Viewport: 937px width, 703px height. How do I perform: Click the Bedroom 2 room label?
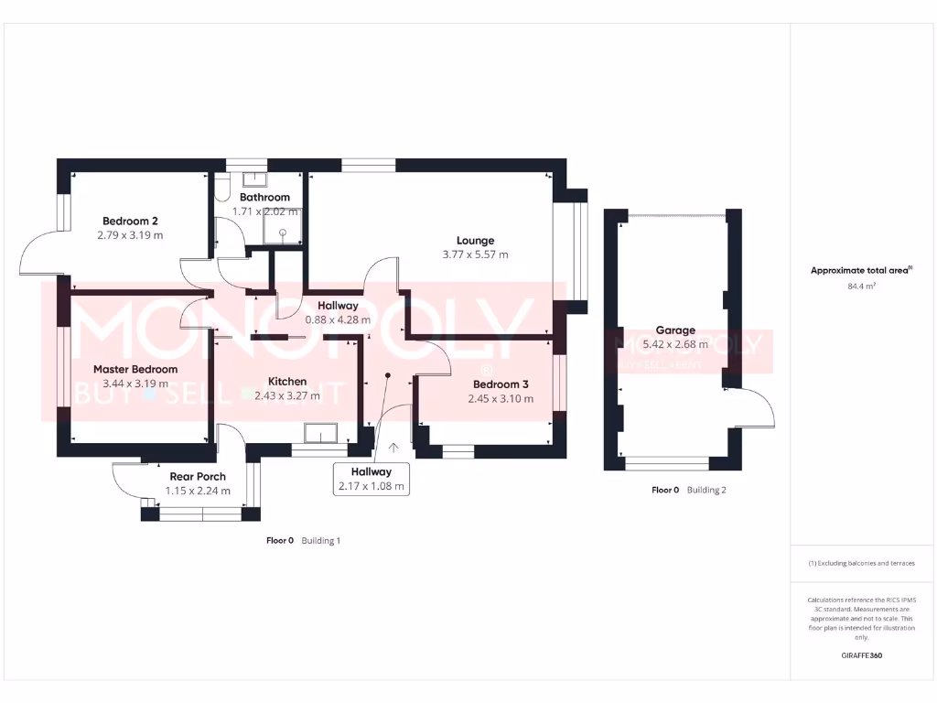(x=130, y=221)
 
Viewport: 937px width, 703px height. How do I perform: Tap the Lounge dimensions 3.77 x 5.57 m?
(x=475, y=254)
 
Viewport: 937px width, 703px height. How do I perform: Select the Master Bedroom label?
(x=135, y=369)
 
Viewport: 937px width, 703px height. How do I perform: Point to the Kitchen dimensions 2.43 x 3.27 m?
(x=287, y=396)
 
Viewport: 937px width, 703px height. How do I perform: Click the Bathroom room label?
(x=264, y=197)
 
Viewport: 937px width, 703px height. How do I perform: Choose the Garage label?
(x=675, y=330)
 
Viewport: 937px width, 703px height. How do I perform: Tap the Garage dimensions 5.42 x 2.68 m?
(x=675, y=344)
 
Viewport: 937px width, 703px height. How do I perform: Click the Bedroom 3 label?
(x=500, y=384)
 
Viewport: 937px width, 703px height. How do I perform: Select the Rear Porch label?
(x=198, y=476)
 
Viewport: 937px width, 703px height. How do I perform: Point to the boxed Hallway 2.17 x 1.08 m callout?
(x=372, y=478)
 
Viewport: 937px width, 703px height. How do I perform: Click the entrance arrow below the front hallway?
(x=393, y=448)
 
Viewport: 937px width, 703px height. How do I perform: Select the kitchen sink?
(x=322, y=433)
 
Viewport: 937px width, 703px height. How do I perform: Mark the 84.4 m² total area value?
(x=861, y=287)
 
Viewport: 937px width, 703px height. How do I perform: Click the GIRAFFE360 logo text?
(x=861, y=655)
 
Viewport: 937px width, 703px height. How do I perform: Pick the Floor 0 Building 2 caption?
(x=688, y=490)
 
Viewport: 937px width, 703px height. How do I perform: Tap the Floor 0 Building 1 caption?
(x=303, y=540)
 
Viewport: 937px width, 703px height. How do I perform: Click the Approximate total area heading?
(x=861, y=270)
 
